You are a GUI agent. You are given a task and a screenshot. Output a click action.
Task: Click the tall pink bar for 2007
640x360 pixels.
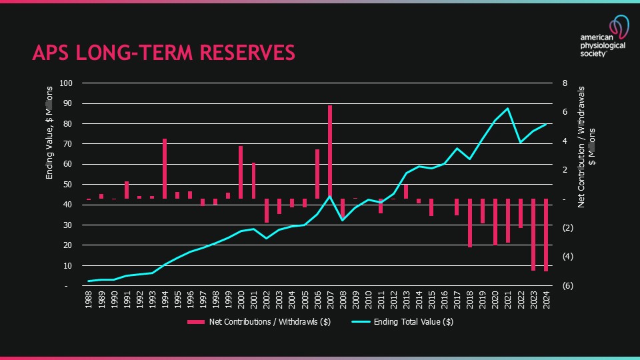[x=330, y=151]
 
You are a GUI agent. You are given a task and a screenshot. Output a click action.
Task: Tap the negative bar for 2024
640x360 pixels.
[x=546, y=235]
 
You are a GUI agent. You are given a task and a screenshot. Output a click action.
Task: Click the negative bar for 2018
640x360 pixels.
[x=470, y=223]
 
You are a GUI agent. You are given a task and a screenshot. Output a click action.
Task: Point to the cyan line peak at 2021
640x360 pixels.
[x=508, y=108]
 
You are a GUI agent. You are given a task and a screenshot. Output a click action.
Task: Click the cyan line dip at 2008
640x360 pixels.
[x=343, y=219]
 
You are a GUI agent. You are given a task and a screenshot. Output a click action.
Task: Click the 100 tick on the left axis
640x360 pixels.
[x=65, y=83]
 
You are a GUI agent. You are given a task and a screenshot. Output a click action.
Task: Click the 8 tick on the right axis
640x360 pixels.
[x=565, y=83]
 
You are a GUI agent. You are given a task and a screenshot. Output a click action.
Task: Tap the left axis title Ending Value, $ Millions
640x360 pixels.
[x=49, y=139]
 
